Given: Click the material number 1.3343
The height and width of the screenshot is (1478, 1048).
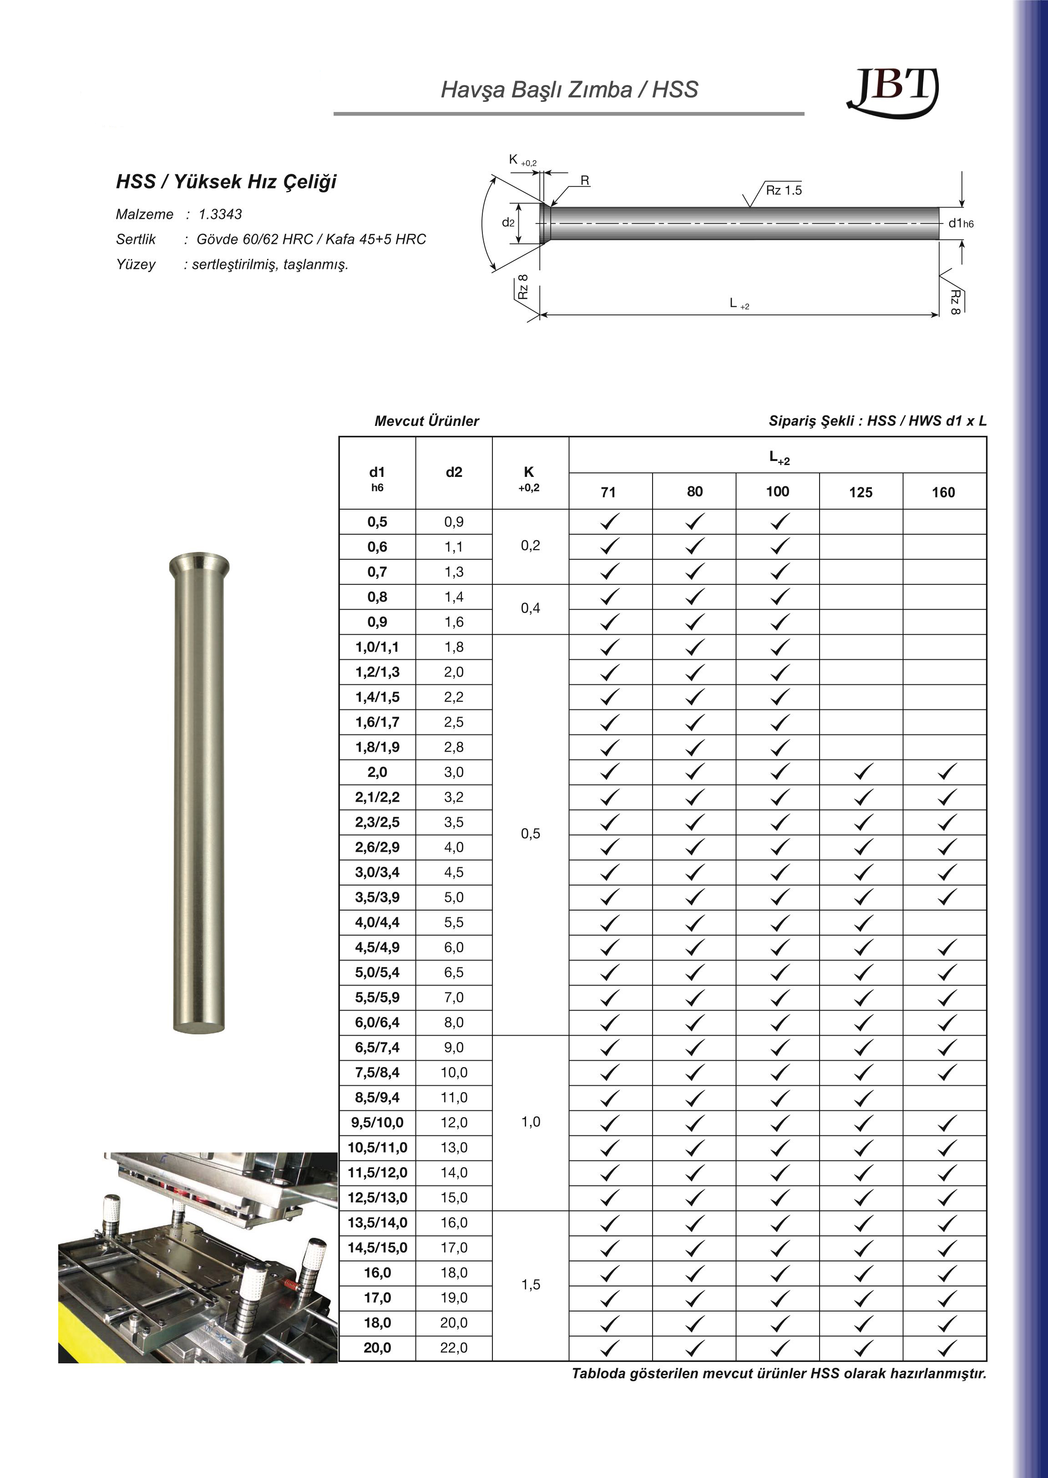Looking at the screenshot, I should [x=221, y=214].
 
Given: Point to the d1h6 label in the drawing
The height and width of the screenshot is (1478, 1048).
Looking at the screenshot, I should [x=960, y=223].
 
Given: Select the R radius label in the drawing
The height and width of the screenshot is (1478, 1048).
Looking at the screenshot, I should [x=585, y=181].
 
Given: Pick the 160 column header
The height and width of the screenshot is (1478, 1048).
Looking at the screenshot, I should [x=943, y=492].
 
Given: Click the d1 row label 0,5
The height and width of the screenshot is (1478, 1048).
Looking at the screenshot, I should [x=378, y=522].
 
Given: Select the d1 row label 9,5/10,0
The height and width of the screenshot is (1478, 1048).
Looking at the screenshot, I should [x=378, y=1123].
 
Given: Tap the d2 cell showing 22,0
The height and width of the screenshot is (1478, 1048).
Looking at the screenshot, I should [x=454, y=1348].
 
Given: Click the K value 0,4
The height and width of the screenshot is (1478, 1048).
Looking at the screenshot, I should [x=531, y=608].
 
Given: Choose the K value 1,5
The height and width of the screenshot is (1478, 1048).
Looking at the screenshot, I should [x=531, y=1285].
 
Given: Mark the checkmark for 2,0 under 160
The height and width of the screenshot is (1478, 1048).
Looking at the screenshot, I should [x=946, y=772].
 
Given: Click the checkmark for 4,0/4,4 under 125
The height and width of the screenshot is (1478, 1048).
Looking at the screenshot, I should [x=863, y=922].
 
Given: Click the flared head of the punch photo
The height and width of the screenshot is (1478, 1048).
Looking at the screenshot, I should [x=199, y=565].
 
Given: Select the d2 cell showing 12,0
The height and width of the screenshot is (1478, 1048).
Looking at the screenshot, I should [x=454, y=1123].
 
